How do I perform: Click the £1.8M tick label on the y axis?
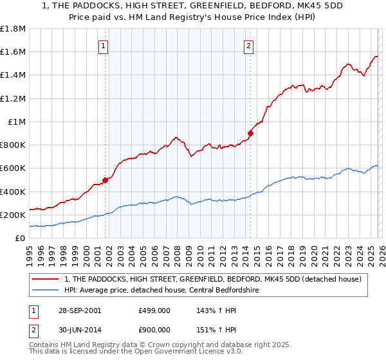click(x=13, y=29)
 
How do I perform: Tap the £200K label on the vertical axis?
click(x=13, y=215)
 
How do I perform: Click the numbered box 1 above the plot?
click(x=104, y=45)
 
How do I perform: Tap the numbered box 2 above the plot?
click(x=248, y=45)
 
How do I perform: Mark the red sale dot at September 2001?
click(x=106, y=180)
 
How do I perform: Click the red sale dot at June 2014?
click(x=251, y=134)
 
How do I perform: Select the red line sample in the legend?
click(x=46, y=279)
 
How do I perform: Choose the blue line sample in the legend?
click(x=46, y=290)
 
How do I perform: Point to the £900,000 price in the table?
click(x=154, y=330)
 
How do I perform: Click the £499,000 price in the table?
click(x=154, y=310)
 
